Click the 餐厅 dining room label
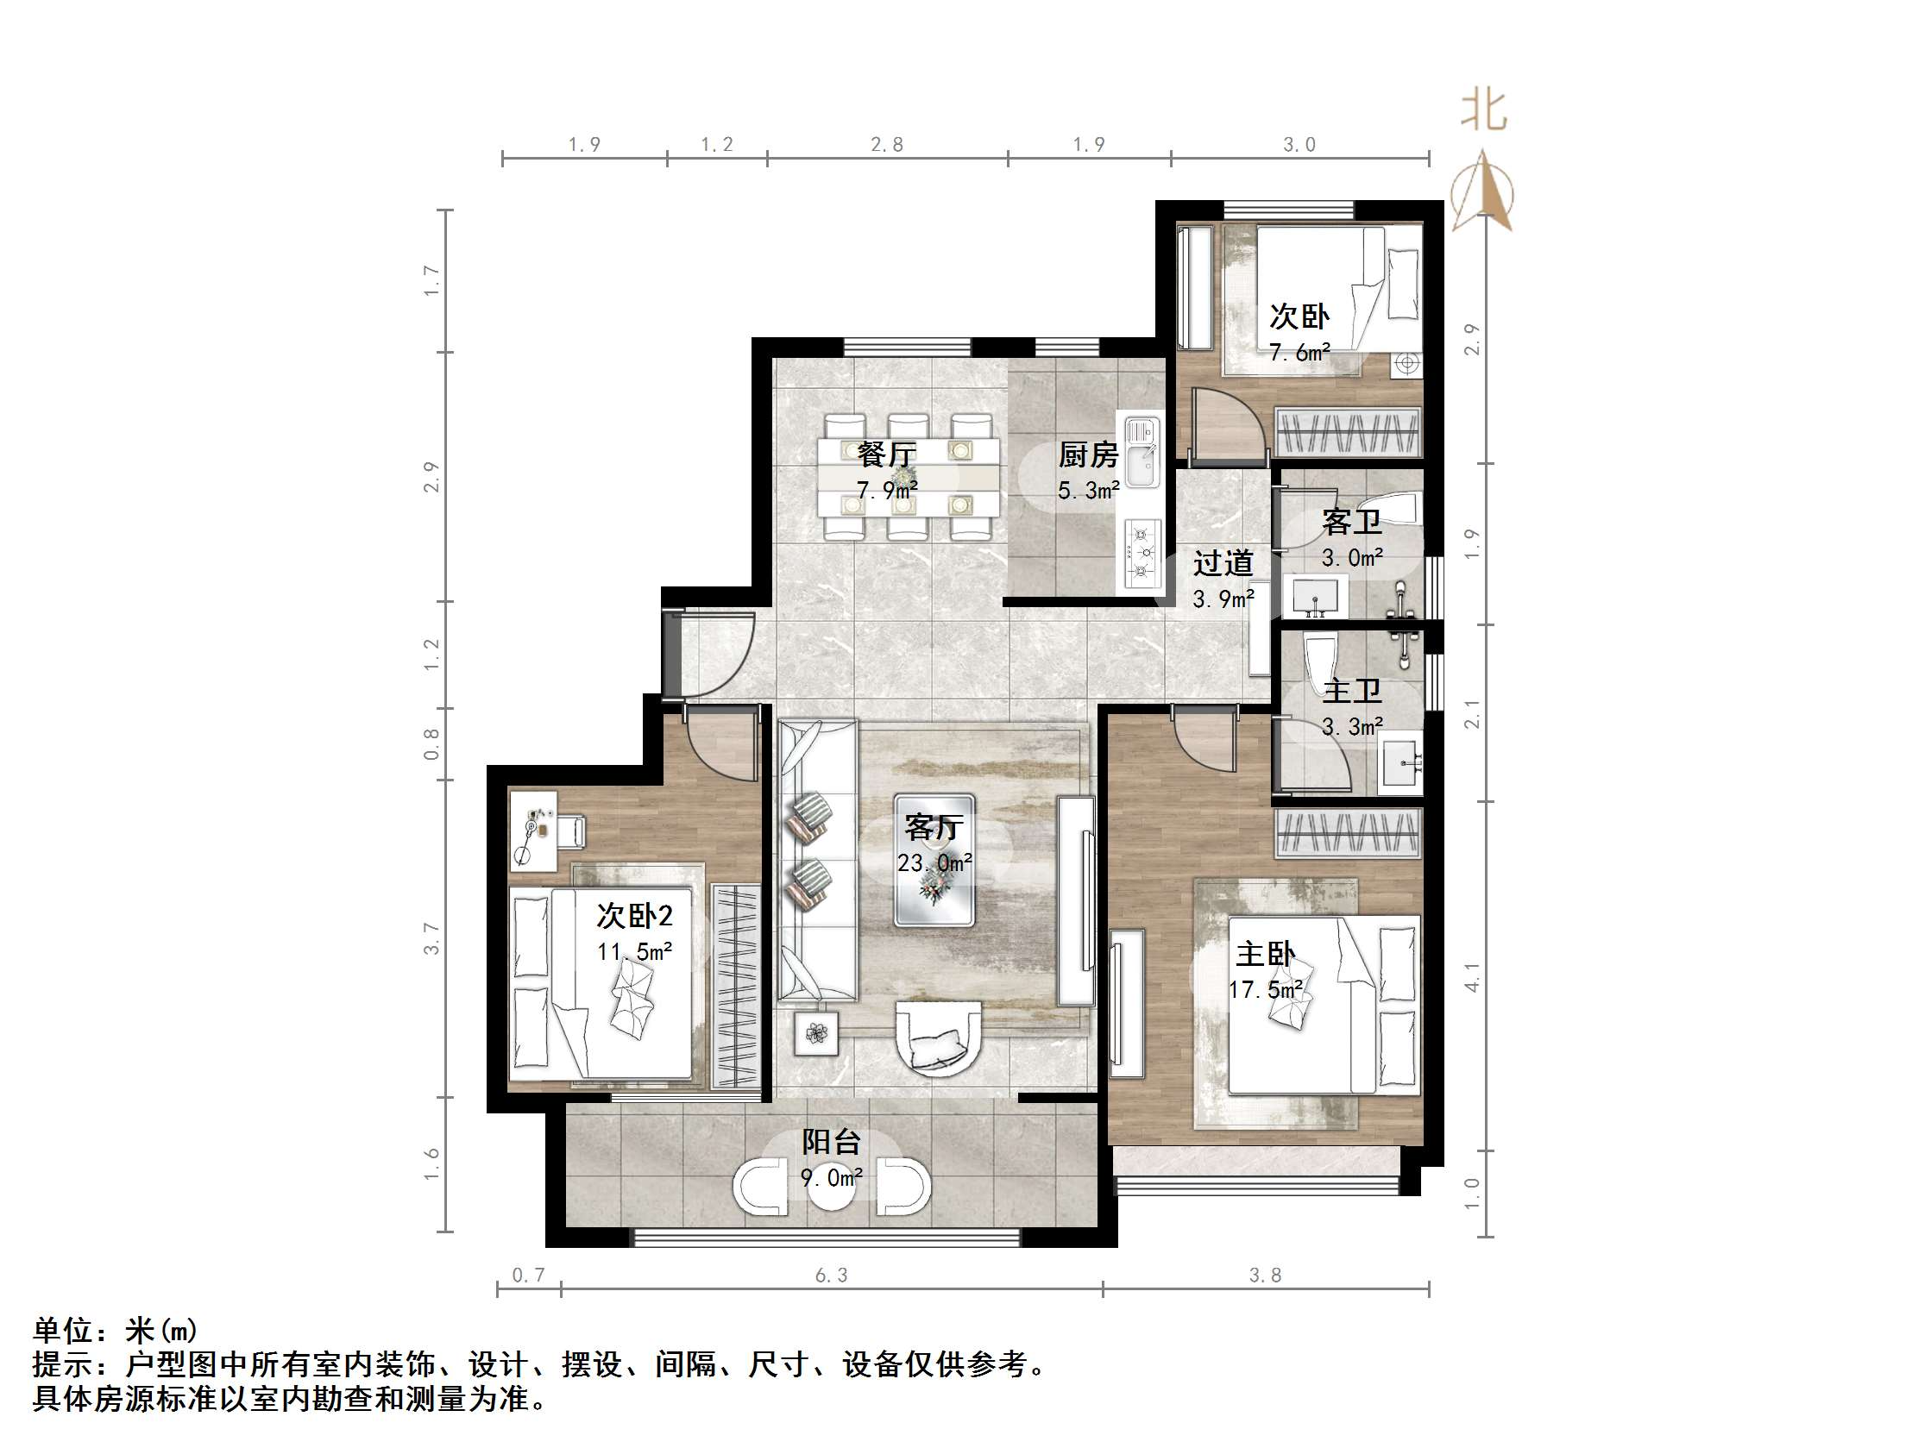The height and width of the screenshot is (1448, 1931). [x=886, y=454]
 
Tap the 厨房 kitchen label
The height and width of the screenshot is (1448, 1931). [x=1088, y=454]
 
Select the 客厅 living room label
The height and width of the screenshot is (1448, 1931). [x=934, y=826]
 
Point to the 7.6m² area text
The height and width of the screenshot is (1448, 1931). [x=1299, y=353]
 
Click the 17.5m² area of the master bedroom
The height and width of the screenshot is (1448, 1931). [x=1266, y=990]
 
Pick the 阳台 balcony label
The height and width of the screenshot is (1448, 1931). [x=831, y=1142]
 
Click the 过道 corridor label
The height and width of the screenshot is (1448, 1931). [x=1223, y=563]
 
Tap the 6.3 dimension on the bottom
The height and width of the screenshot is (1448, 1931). [x=831, y=1276]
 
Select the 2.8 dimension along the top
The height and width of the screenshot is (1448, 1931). [x=887, y=145]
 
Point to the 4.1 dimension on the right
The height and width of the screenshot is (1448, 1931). [x=1473, y=976]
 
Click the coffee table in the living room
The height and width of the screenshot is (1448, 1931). [x=934, y=860]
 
